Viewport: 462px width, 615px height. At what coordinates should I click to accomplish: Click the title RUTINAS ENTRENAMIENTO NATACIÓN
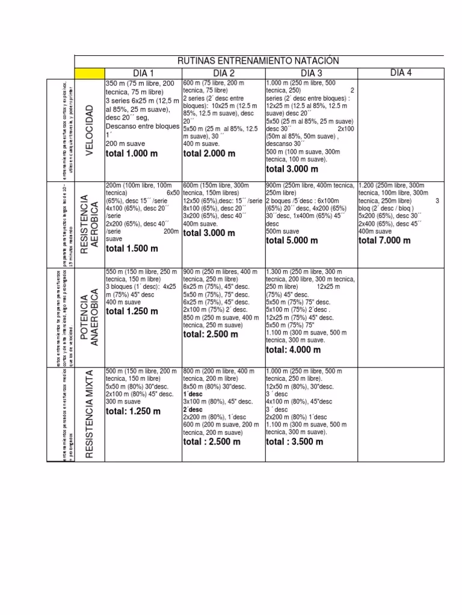click(x=258, y=61)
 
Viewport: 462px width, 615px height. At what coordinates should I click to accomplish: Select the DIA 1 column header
click(x=143, y=73)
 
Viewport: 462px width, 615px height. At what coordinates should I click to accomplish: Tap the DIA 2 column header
click(x=223, y=73)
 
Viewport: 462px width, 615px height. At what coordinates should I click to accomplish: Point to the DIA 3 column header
click(x=311, y=73)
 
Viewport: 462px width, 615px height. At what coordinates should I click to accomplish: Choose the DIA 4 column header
click(x=401, y=73)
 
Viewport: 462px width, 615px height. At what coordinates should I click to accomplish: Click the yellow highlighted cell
click(x=89, y=73)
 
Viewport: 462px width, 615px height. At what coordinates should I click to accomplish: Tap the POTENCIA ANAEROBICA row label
click(x=90, y=319)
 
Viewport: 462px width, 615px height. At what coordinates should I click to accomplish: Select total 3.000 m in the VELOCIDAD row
click(x=292, y=169)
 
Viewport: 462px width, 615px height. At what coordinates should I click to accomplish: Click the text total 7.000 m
click(x=384, y=240)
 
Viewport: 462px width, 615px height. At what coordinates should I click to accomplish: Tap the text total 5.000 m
click(x=292, y=240)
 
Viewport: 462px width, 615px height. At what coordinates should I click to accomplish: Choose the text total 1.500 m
click(x=132, y=248)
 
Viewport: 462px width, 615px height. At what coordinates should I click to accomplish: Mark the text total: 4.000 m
click(x=294, y=350)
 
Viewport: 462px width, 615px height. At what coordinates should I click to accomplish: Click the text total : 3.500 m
click(x=295, y=441)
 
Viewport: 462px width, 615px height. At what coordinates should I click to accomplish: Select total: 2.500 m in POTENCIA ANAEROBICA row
click(x=211, y=334)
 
